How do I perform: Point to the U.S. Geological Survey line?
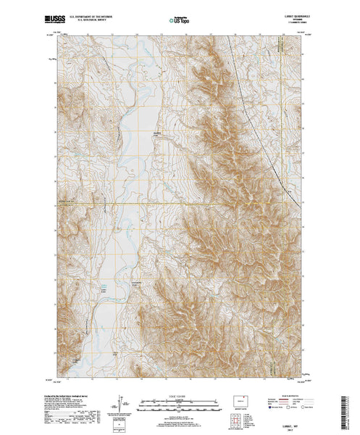87,16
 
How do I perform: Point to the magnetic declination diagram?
117,403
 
